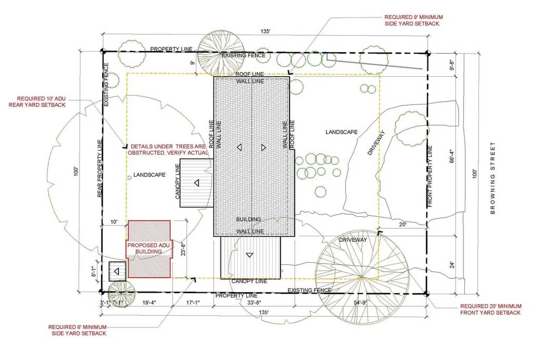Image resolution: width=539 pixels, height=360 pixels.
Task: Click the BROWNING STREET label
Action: click(493, 178)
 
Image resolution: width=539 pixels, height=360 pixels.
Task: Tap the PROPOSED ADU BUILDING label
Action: click(148, 248)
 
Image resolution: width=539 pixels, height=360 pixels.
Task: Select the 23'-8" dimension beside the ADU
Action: click(183, 249)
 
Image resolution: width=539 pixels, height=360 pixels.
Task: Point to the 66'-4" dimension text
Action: click(452, 155)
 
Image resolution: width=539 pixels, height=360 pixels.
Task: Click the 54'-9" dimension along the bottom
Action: click(360, 303)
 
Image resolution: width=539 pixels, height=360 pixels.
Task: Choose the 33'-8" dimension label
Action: click(255, 303)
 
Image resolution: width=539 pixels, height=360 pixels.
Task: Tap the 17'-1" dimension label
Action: click(192, 303)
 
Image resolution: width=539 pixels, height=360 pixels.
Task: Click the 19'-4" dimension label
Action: click(149, 303)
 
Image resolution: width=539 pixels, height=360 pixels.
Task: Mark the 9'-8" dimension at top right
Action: click(452, 65)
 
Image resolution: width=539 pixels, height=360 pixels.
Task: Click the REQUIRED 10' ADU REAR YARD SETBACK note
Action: click(37, 102)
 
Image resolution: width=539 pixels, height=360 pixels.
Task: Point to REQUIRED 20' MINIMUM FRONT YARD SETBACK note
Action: click(491, 309)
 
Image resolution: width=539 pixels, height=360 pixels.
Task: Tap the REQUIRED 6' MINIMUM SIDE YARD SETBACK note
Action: click(77, 330)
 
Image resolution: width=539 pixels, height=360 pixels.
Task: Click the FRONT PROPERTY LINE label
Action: click(430, 176)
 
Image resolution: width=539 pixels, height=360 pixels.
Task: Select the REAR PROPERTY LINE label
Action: click(99, 168)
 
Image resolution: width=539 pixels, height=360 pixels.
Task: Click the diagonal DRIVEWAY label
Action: click(376, 143)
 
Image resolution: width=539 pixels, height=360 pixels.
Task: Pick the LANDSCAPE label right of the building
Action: click(341, 132)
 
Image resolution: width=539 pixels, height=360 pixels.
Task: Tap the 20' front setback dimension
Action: click(403, 225)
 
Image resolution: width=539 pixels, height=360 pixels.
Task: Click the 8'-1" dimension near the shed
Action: click(93, 272)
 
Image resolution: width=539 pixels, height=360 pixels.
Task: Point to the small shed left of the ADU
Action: click(117, 272)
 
